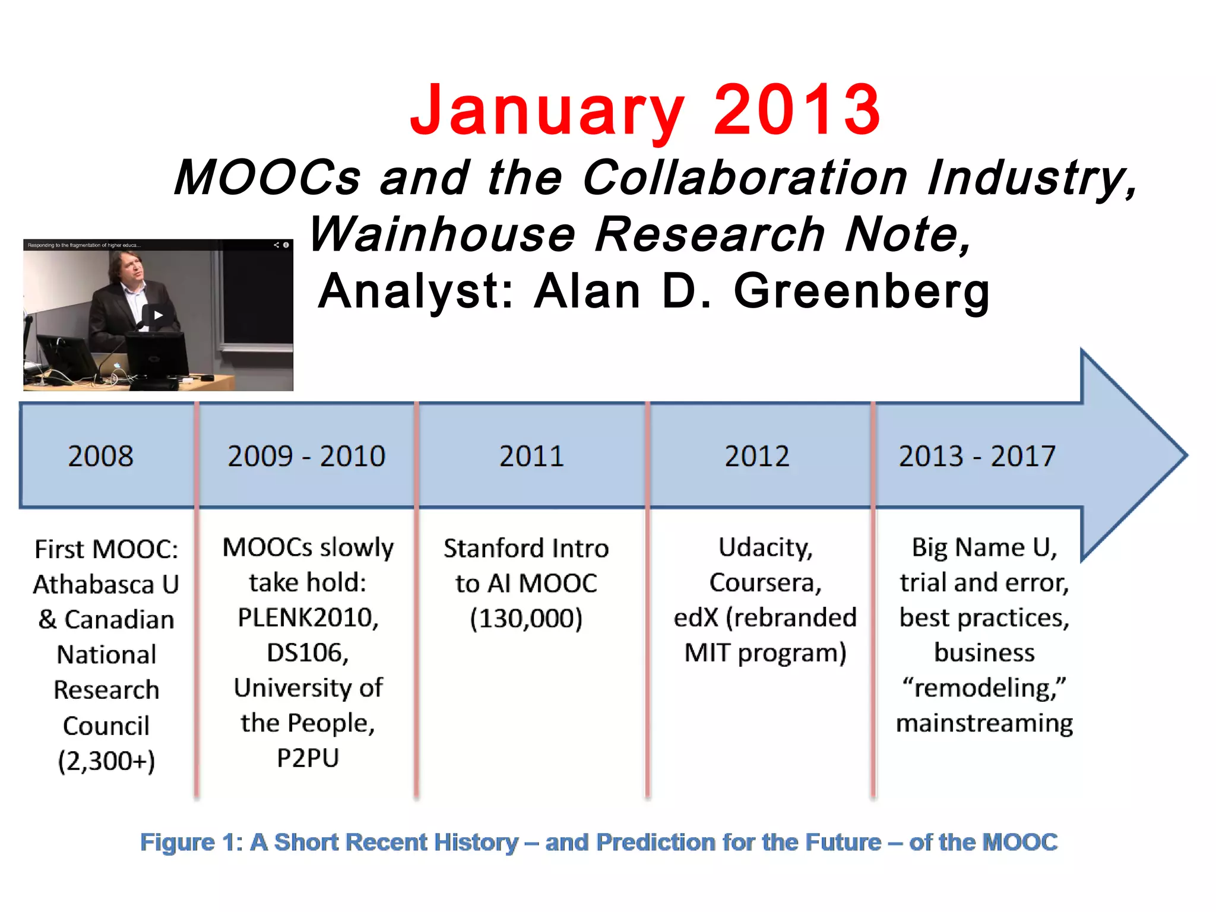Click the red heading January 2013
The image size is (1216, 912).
click(x=645, y=110)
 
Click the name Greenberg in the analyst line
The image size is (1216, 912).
click(x=862, y=292)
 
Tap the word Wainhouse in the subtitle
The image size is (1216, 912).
click(x=442, y=234)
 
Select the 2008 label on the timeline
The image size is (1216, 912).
click(x=100, y=456)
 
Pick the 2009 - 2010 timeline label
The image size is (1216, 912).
click(x=306, y=456)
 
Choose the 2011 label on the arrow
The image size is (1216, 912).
click(x=531, y=456)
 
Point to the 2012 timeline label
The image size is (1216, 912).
click(x=757, y=456)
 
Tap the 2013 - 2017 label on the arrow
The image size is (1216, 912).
click(x=977, y=456)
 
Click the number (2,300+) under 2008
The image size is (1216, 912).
click(x=106, y=761)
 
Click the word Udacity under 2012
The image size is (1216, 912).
click(x=765, y=547)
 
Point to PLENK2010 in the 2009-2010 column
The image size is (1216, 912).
click(x=308, y=618)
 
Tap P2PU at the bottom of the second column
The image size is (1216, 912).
click(x=308, y=758)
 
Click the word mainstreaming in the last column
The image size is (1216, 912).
click(x=984, y=723)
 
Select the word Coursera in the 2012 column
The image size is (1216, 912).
click(x=765, y=582)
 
